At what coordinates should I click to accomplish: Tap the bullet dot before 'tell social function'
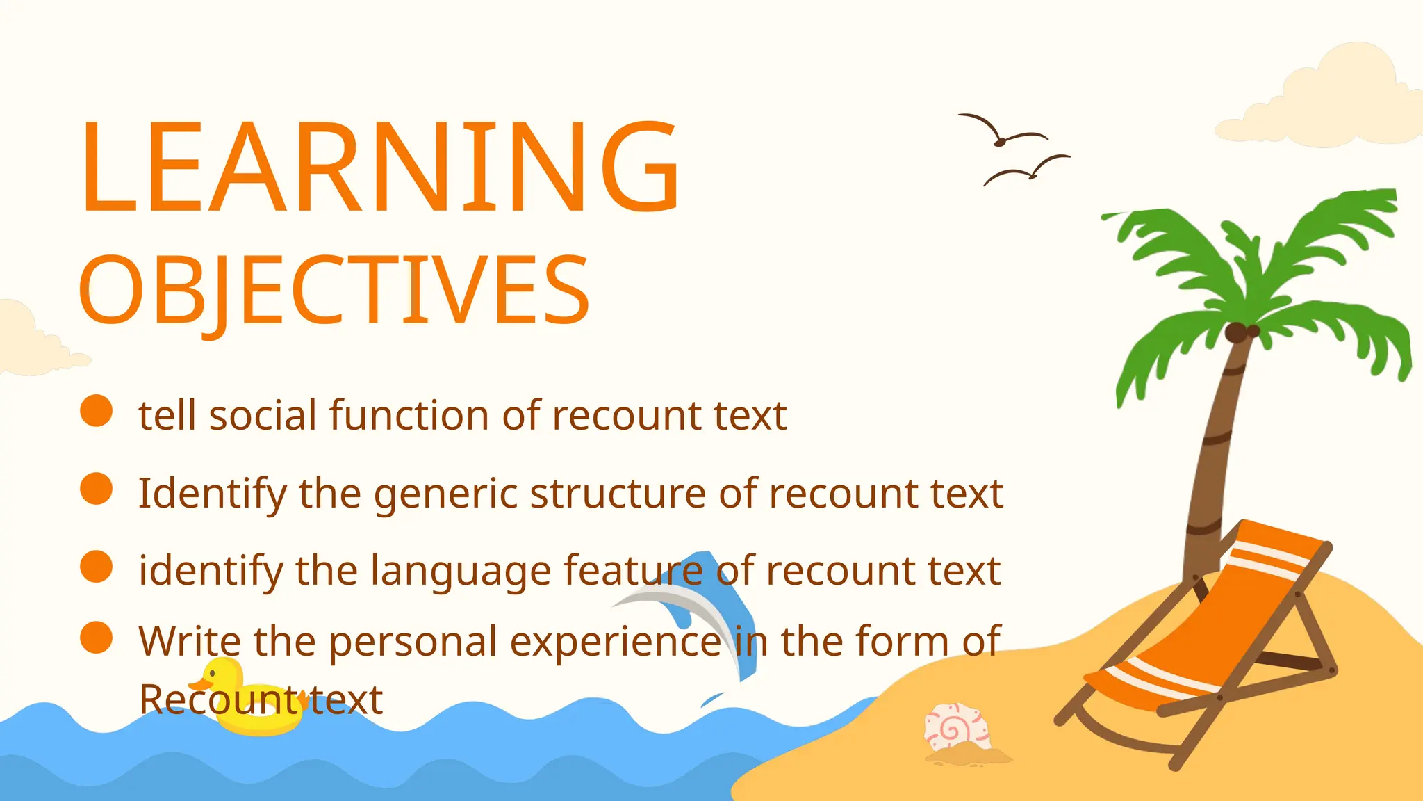(96, 410)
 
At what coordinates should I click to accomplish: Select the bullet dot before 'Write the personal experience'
(96, 638)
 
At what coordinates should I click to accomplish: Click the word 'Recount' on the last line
(219, 699)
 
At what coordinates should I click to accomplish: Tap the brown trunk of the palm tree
(1212, 452)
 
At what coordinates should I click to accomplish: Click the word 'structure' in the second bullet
(619, 494)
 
